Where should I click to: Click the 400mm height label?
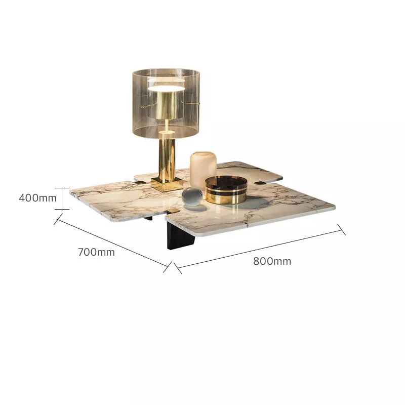coord(37,198)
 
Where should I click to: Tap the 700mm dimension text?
coord(96,252)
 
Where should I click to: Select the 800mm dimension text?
coord(272,261)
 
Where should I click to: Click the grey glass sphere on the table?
coord(192,197)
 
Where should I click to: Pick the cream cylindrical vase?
coord(204,170)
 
